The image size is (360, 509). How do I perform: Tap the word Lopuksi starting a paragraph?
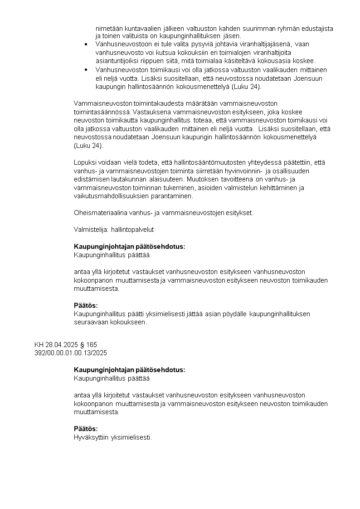point(85,162)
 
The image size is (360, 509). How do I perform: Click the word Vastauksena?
point(149,112)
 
